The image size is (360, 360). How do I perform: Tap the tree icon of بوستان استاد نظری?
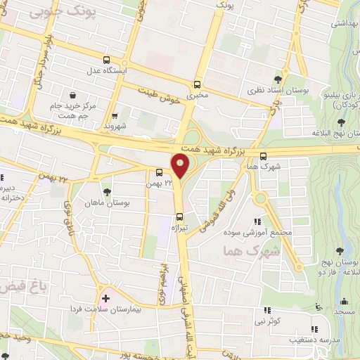tap(280, 79)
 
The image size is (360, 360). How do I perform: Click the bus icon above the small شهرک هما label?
tap(263, 156)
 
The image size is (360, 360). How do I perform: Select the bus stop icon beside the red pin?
tap(159, 172)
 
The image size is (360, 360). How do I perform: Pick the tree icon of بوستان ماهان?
tap(107, 191)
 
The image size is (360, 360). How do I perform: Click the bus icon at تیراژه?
tap(180, 217)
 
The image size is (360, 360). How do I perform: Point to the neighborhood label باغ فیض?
tap(17, 286)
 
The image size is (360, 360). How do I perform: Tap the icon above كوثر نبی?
tap(266, 309)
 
